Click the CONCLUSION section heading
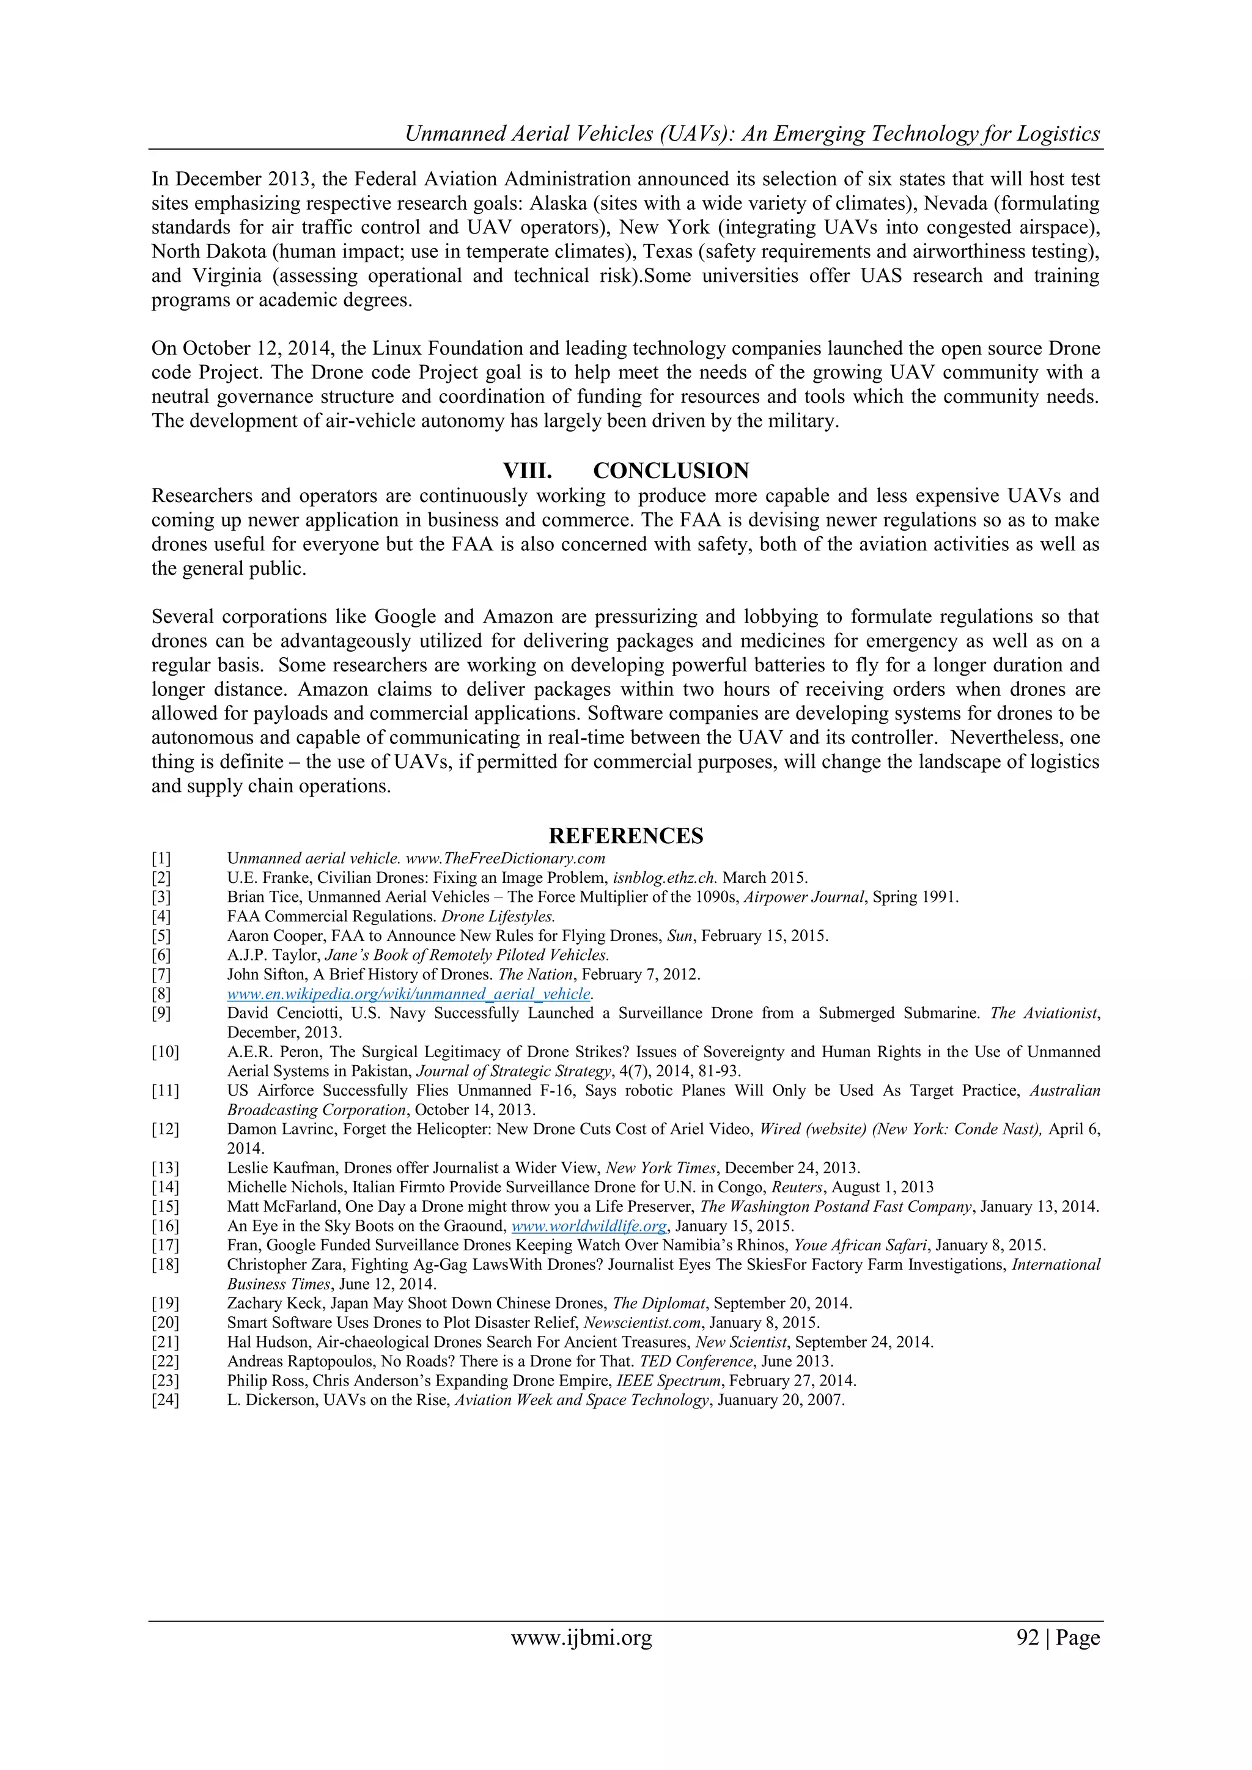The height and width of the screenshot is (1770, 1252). click(670, 471)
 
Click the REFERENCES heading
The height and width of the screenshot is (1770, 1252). click(625, 836)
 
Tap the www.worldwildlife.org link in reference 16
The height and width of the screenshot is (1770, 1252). click(589, 1226)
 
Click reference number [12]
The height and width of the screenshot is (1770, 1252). click(165, 1129)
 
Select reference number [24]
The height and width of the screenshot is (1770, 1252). click(165, 1400)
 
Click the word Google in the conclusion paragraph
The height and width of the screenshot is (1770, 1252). click(405, 617)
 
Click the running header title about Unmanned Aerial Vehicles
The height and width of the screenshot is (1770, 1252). click(752, 133)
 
